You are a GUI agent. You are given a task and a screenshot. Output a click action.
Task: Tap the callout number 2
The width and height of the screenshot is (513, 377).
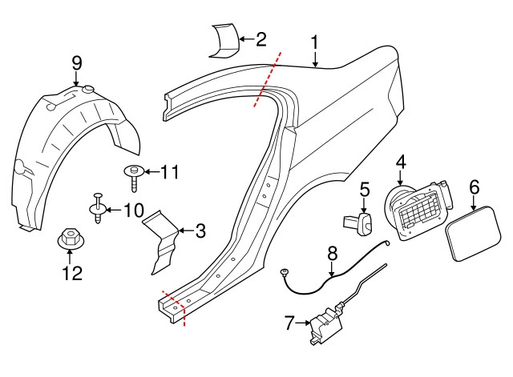[261, 39]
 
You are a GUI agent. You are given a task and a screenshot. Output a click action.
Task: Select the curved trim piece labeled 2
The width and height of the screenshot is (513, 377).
[224, 41]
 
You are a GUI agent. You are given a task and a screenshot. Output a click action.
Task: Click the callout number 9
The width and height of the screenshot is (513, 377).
[77, 63]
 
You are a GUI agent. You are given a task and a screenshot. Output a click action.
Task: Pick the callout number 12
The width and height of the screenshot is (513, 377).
[72, 273]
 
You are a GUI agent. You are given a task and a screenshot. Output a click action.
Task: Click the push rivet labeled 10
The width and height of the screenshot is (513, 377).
[98, 208]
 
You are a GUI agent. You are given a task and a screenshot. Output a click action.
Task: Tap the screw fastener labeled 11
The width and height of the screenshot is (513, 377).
[134, 178]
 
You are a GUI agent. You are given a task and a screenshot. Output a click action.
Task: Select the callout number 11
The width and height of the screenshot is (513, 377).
[169, 172]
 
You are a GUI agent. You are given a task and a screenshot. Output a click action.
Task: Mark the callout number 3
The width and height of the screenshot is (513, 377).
[200, 231]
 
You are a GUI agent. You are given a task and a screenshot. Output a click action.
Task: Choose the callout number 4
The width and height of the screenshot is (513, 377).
[401, 162]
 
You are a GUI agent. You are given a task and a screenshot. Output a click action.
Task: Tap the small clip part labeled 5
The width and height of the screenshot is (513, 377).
[358, 223]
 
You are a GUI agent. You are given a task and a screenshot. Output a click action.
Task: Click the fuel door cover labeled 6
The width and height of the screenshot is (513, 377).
[473, 233]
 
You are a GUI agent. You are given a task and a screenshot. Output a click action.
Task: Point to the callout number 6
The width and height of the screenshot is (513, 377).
[475, 187]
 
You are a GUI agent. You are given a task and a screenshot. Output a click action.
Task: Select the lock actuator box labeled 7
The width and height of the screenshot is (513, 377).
[325, 325]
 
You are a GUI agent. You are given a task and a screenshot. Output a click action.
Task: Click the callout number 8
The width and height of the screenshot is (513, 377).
[333, 253]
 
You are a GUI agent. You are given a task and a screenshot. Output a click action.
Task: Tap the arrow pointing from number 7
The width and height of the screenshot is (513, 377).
[303, 323]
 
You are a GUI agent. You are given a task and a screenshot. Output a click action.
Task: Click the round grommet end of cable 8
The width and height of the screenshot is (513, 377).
[283, 271]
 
